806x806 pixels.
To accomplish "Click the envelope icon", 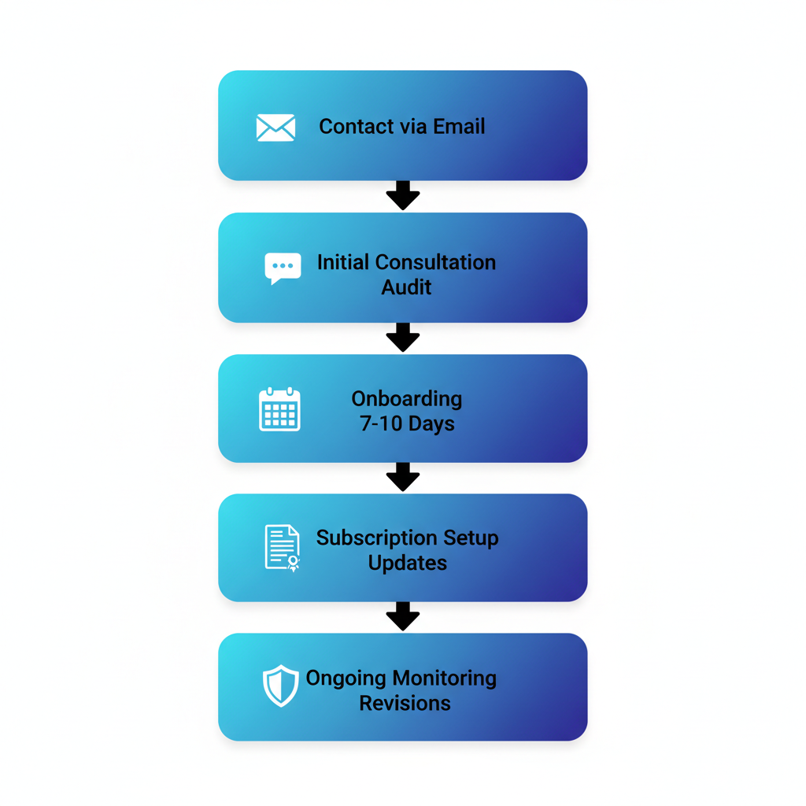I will coord(275,128).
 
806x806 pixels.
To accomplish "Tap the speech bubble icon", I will coord(283,268).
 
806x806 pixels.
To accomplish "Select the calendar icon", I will coord(279,409).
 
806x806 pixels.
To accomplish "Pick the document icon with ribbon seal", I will coord(283,548).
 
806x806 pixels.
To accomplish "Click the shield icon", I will coord(280,686).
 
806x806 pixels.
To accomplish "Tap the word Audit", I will coord(406,287).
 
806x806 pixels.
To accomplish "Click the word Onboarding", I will coord(406,398).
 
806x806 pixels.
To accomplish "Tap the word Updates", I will coord(407,564).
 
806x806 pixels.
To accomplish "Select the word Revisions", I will coord(405,703).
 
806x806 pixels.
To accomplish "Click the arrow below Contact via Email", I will coord(403,195).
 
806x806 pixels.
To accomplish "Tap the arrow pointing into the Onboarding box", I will coord(403,337).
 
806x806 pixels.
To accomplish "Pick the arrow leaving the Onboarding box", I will coord(403,477).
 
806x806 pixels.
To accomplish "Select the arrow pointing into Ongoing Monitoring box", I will coord(403,616).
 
